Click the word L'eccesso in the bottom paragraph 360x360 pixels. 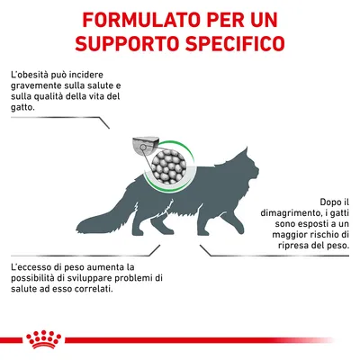point(37,267)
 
